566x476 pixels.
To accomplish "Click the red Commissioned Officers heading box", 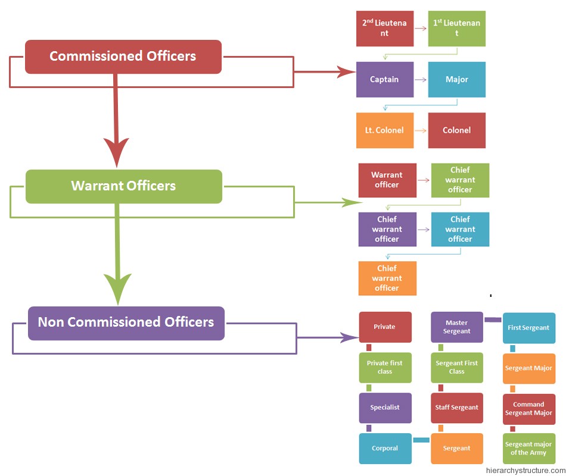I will click(x=123, y=57).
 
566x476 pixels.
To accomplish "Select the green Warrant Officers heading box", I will click(x=123, y=186).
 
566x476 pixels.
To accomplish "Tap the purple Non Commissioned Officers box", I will click(x=126, y=322).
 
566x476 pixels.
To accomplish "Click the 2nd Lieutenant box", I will click(x=385, y=29).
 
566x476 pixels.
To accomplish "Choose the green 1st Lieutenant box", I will click(x=456, y=29).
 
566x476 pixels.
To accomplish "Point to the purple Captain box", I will click(x=384, y=80).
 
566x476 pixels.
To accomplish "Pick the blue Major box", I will click(x=456, y=80).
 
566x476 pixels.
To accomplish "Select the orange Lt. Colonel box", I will click(x=384, y=130).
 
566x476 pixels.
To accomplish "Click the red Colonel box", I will click(x=456, y=130).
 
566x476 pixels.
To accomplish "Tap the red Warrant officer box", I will click(x=387, y=180).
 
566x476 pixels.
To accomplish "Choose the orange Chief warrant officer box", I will click(x=387, y=278).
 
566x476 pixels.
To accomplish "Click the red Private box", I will click(x=385, y=327).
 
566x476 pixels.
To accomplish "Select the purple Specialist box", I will click(x=385, y=408).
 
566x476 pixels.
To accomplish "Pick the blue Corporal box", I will click(x=385, y=449).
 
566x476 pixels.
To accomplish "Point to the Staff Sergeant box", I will click(x=457, y=408).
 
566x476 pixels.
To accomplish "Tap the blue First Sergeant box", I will click(x=528, y=328).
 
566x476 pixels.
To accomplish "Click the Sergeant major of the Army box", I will click(x=528, y=449).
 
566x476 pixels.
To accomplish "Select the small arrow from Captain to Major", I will click(x=420, y=80).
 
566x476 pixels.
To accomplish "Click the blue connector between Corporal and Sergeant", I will click(x=421, y=440).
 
